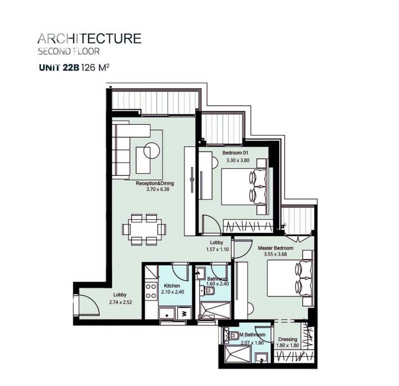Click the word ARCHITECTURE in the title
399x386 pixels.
[x=89, y=39]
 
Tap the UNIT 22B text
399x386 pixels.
[x=59, y=68]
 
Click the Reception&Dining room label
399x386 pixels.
[x=155, y=183]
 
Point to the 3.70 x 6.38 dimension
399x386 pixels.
[x=158, y=189]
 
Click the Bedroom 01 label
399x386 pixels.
[x=235, y=153]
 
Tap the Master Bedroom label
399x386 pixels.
[x=276, y=248]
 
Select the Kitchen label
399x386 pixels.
[x=172, y=286]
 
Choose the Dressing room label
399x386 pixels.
[x=288, y=340]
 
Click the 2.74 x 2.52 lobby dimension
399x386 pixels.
[x=121, y=303]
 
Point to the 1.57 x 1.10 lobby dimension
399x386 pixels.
[x=217, y=250]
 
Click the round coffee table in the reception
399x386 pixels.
[x=152, y=151]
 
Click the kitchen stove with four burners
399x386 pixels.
[x=151, y=291]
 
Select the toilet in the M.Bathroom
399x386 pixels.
[x=232, y=336]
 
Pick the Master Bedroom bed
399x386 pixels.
[x=289, y=278]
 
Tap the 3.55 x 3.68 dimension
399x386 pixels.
[x=275, y=254]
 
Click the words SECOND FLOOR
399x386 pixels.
[x=69, y=51]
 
